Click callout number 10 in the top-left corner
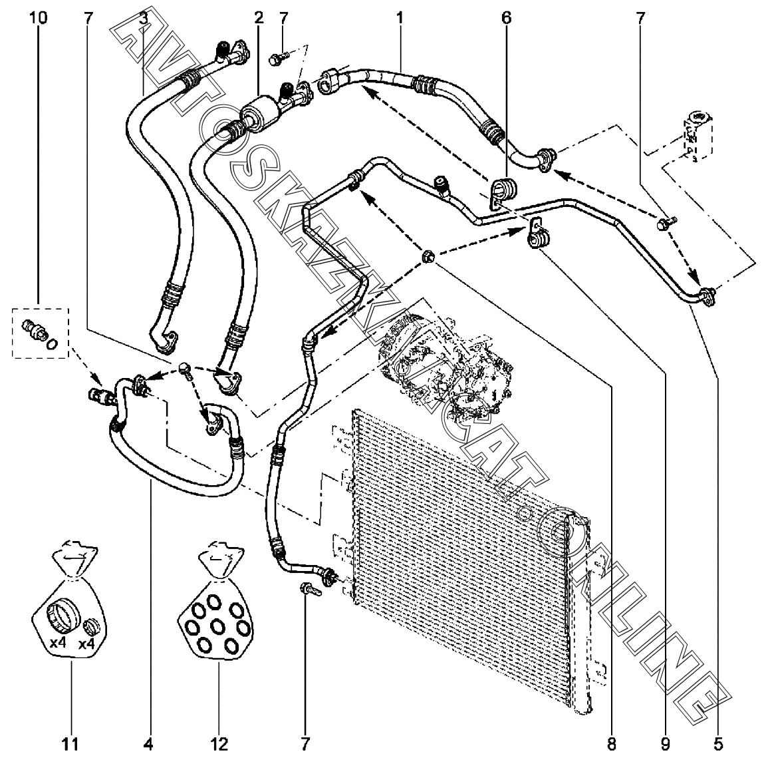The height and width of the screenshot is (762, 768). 39,18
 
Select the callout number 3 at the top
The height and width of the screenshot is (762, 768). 143,18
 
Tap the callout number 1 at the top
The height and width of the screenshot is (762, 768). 400,18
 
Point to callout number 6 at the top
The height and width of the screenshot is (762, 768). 507,18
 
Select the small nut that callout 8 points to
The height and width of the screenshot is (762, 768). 428,256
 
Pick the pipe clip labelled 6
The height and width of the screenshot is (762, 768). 504,193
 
